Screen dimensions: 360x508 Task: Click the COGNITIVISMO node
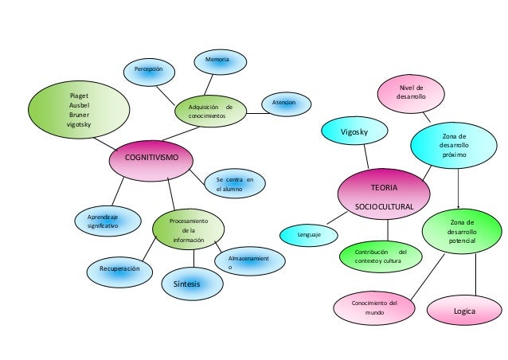click(152, 158)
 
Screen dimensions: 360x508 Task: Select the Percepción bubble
click(147, 71)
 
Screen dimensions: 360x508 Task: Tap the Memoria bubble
click(217, 61)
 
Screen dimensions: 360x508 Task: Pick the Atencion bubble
click(284, 104)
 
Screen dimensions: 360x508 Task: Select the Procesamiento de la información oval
click(188, 229)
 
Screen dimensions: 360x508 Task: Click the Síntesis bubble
click(192, 281)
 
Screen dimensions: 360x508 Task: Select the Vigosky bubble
click(353, 131)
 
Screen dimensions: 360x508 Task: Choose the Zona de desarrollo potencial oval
click(461, 231)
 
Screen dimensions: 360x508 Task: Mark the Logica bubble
click(463, 311)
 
